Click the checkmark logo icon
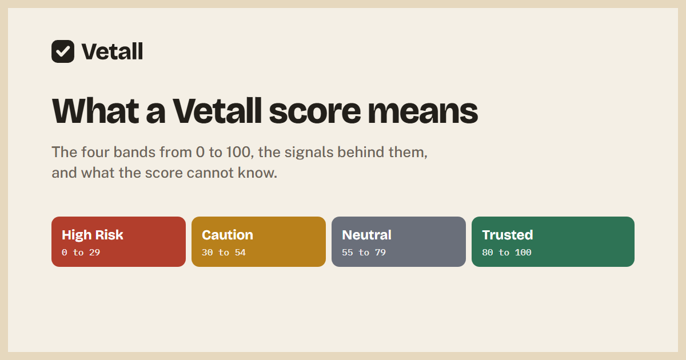(x=63, y=51)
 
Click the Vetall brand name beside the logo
(x=112, y=51)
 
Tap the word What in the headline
(x=95, y=111)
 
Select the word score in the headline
(x=315, y=111)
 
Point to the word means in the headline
(x=422, y=111)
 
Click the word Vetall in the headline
(x=217, y=111)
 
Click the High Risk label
(x=92, y=235)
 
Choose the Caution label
(x=228, y=235)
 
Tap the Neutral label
(x=366, y=235)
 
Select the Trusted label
(x=508, y=235)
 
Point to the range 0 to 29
(x=81, y=253)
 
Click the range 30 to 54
(x=224, y=253)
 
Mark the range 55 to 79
(x=364, y=253)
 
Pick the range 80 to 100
(x=506, y=253)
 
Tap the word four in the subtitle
(x=95, y=152)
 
